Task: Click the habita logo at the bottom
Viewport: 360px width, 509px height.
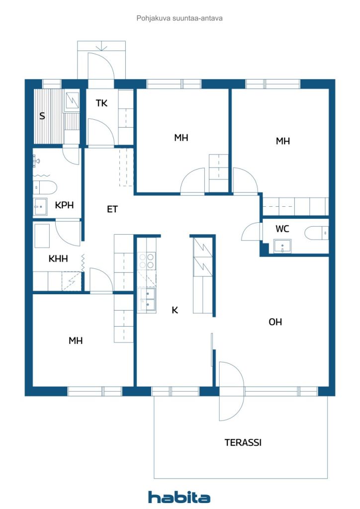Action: pyautogui.click(x=179, y=497)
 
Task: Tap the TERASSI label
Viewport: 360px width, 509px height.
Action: pyautogui.click(x=243, y=442)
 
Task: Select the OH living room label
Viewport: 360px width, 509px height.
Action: pyautogui.click(x=275, y=322)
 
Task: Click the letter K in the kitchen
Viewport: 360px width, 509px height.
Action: pyautogui.click(x=175, y=310)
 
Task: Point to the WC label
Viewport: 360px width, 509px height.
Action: pyautogui.click(x=282, y=229)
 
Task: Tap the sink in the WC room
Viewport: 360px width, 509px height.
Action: pyautogui.click(x=282, y=246)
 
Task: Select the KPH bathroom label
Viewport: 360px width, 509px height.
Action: pyautogui.click(x=64, y=205)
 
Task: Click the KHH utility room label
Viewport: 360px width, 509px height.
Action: pyautogui.click(x=58, y=258)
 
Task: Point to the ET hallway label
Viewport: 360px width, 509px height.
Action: pyautogui.click(x=112, y=209)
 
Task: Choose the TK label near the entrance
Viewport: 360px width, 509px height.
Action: pyautogui.click(x=101, y=103)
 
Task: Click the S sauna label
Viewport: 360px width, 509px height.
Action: pyautogui.click(x=42, y=116)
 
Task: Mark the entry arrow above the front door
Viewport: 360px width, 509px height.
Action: pyautogui.click(x=102, y=47)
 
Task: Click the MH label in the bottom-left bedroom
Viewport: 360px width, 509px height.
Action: pyautogui.click(x=76, y=340)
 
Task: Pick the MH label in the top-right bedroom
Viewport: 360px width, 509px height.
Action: pyautogui.click(x=282, y=141)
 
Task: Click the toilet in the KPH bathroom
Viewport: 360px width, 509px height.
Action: pyautogui.click(x=44, y=187)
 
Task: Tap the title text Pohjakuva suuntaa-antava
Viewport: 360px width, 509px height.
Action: pyautogui.click(x=180, y=18)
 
